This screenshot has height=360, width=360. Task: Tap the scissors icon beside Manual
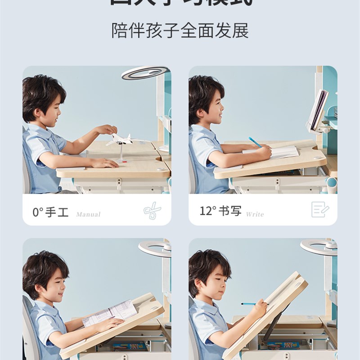point(151,211)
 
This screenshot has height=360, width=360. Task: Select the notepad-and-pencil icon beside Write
point(320,210)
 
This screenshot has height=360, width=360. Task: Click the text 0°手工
point(51,212)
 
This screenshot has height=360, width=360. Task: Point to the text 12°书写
point(220,211)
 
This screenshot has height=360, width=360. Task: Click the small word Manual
point(88,214)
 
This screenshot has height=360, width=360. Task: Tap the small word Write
point(255,214)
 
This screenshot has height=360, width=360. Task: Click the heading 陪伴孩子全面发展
point(180,31)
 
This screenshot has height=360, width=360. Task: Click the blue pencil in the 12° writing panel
point(255,142)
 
